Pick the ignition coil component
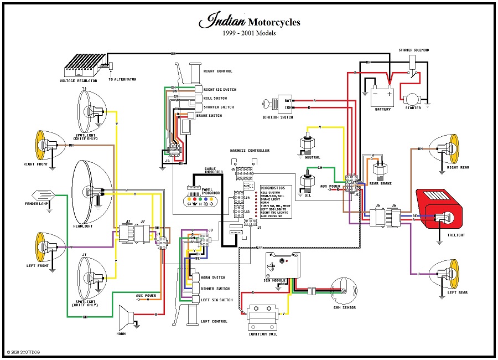coord(262,318)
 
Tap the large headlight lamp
coord(89,191)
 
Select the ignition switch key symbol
coord(270,103)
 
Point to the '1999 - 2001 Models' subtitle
coord(249,33)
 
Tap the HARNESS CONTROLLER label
coord(250,151)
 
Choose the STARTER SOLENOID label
coord(413,50)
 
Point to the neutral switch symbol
coord(305,144)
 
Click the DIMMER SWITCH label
coord(215,289)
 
